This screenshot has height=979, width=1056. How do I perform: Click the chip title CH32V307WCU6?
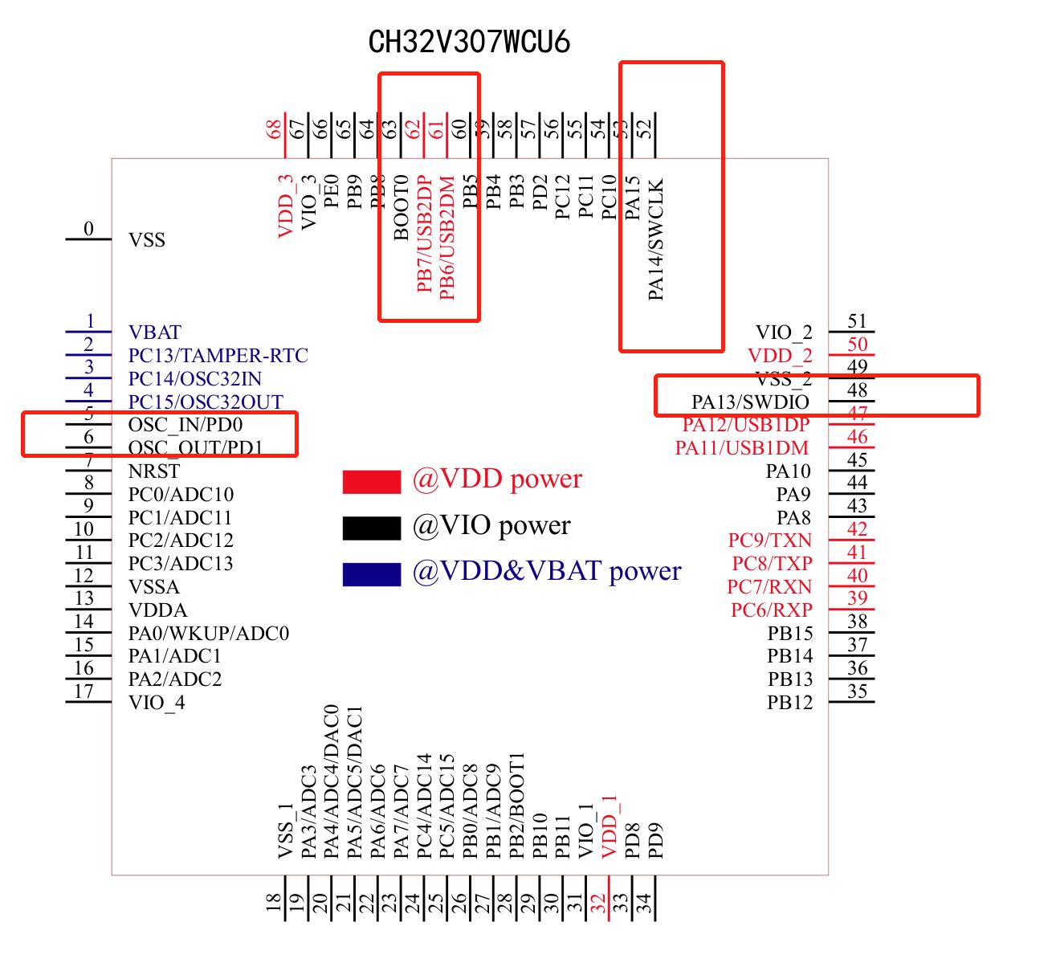click(469, 42)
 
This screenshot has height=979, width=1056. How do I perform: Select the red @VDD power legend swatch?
click(371, 481)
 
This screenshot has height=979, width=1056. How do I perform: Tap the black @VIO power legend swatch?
click(371, 528)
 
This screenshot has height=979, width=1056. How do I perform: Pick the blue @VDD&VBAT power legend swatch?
click(371, 573)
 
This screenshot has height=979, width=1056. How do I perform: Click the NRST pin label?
click(153, 471)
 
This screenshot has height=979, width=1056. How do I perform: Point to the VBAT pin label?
click(154, 332)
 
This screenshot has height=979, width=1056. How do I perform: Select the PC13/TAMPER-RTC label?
click(218, 356)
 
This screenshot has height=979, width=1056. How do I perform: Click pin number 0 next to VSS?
click(88, 230)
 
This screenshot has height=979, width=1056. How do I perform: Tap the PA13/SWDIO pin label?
click(750, 402)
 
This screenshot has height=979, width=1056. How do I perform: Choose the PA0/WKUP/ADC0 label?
click(208, 634)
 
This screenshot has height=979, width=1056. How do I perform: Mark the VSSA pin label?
click(153, 587)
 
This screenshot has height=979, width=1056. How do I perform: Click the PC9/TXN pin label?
click(769, 540)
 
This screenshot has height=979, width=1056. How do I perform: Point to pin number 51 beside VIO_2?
click(858, 322)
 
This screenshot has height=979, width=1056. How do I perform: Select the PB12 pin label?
click(789, 703)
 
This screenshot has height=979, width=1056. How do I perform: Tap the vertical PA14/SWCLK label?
click(656, 239)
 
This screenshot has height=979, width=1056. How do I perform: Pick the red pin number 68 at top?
click(274, 128)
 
